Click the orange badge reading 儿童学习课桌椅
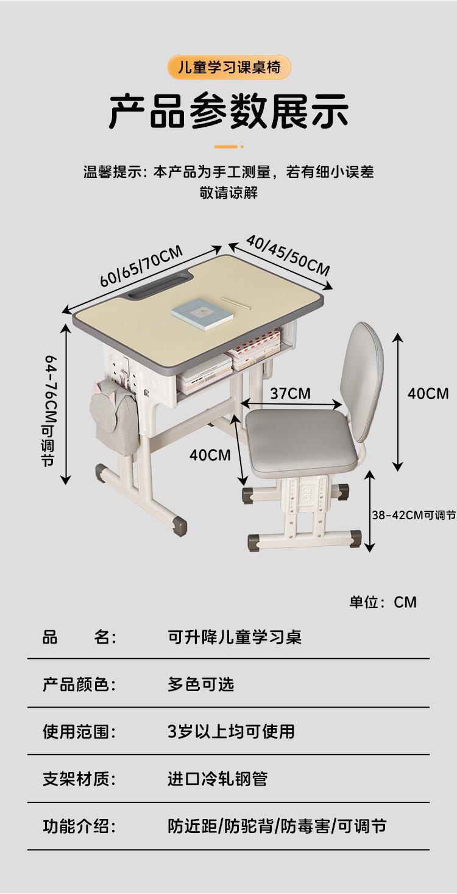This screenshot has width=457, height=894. [x=228, y=67]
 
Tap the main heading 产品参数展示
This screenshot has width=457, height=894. [x=228, y=112]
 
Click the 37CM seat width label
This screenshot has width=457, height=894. [x=290, y=393]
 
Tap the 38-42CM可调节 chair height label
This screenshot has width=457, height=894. [x=414, y=515]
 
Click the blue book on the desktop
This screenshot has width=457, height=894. [x=203, y=314]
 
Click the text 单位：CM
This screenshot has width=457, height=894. [x=383, y=602]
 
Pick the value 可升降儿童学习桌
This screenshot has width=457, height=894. [x=235, y=637]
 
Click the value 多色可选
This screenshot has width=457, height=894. [x=201, y=684]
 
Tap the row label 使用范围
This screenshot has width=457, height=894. [x=79, y=731]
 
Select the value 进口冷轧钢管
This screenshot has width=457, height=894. [x=218, y=779]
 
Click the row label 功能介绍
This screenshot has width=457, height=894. [x=79, y=826]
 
